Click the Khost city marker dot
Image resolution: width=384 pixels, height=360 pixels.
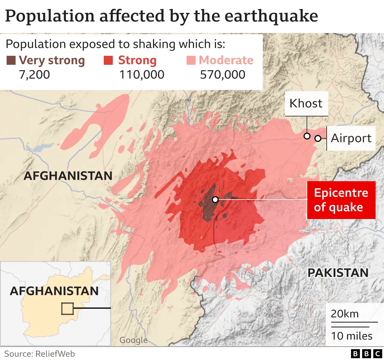click(x=307, y=136)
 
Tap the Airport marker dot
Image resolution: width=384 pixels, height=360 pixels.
click(x=318, y=138)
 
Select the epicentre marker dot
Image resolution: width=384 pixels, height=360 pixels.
click(x=215, y=199)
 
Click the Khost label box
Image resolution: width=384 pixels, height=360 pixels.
click(x=306, y=103)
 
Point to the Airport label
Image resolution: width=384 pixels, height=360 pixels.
click(x=351, y=138)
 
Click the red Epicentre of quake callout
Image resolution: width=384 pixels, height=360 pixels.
click(x=341, y=200)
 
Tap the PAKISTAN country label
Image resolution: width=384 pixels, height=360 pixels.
click(x=338, y=273)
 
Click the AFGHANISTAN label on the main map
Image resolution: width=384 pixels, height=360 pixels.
click(x=68, y=176)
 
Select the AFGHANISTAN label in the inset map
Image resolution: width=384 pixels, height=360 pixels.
click(x=54, y=291)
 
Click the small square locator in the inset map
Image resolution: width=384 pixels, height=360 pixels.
click(x=67, y=308)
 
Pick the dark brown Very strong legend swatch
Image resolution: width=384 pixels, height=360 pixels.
click(x=11, y=60)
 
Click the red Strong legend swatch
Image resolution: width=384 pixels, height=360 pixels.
click(x=108, y=60)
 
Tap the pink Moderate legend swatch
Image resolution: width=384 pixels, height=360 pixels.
click(x=191, y=60)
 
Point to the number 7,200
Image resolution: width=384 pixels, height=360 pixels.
click(x=34, y=75)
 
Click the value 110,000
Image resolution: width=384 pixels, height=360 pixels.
click(x=142, y=75)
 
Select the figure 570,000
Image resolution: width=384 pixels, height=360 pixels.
click(x=223, y=75)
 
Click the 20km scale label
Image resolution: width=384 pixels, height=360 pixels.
click(x=345, y=314)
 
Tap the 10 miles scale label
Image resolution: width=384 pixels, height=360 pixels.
click(x=352, y=336)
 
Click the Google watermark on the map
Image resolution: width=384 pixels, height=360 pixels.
click(x=133, y=340)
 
